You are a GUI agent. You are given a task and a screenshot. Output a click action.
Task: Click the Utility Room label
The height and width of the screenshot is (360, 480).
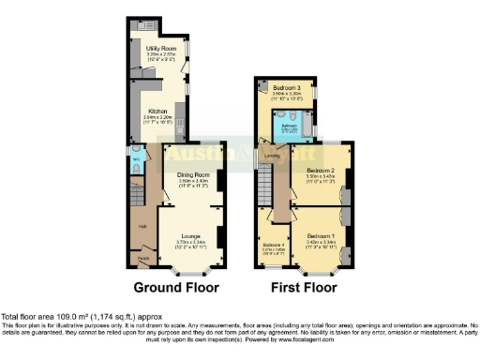pos(162,48)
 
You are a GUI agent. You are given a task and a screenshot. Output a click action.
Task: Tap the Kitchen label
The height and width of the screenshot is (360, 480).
pos(157,110)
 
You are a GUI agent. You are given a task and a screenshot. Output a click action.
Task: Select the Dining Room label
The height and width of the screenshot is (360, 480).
pos(191,174)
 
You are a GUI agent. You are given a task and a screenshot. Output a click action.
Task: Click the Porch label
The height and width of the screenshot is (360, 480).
pos(143,258)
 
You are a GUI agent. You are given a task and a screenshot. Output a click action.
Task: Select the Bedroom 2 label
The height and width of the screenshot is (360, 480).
pos(320,170)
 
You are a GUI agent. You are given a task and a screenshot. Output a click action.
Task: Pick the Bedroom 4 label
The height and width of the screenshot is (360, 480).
pos(274,244)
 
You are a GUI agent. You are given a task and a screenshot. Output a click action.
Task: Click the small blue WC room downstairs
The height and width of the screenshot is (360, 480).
pos(137,161)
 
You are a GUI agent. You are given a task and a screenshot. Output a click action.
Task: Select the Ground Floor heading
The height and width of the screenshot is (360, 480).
pos(175,288)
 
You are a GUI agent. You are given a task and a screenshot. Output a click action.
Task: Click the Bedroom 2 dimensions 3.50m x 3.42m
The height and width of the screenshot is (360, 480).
pos(320,176)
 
